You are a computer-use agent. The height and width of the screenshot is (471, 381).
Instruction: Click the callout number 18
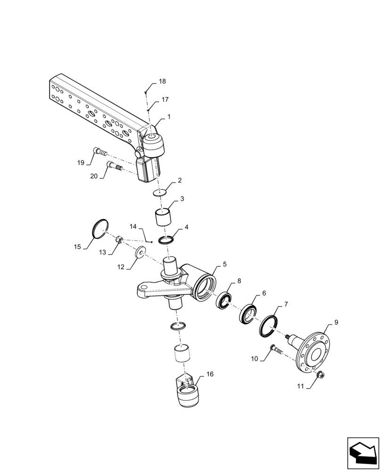point(162,81)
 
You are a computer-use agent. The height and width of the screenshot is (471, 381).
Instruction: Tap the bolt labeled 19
point(100,151)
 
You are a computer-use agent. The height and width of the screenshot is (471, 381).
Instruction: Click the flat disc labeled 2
point(160,192)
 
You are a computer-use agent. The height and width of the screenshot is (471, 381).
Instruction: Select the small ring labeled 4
point(167,240)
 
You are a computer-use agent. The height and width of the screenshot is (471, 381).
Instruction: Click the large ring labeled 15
point(100,229)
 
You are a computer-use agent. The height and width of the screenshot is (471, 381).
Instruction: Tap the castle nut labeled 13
point(120,241)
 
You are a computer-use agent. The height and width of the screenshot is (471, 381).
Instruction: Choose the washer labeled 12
point(141,253)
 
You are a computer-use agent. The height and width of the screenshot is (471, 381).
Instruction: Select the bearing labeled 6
point(247,314)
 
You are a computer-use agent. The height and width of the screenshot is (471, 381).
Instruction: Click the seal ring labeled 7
point(268,326)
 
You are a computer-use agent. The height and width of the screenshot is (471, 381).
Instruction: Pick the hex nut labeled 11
point(320,375)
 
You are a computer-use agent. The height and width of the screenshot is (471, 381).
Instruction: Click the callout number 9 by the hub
point(336,323)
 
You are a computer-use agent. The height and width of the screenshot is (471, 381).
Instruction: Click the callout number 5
point(224,265)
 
